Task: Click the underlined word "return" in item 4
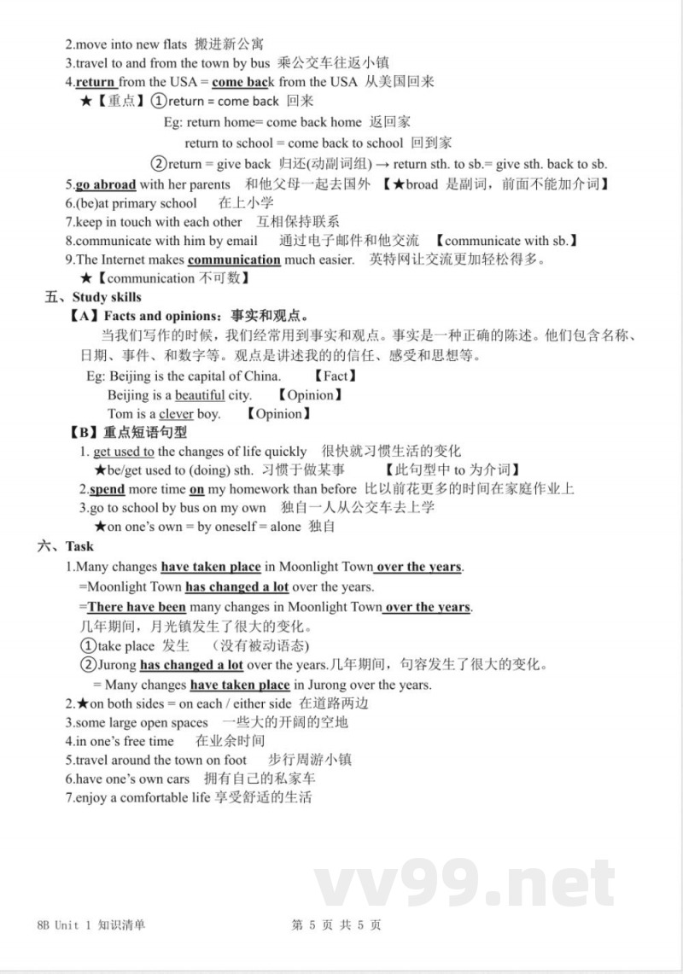tap(96, 82)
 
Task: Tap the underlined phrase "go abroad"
tap(106, 184)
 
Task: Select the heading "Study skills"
tap(107, 297)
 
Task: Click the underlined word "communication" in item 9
tap(234, 260)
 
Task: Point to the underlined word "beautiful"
tap(200, 395)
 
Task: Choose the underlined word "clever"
tap(176, 414)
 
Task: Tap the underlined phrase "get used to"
tap(124, 452)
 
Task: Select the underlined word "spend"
tap(108, 489)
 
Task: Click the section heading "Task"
tap(79, 546)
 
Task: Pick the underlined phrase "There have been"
tap(137, 608)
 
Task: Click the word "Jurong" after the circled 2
tap(117, 665)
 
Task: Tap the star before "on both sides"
tap(83, 703)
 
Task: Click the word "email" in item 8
tap(241, 241)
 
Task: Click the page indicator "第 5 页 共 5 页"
tap(336, 925)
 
